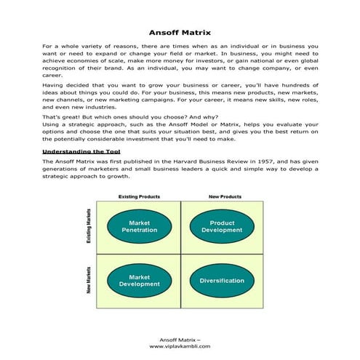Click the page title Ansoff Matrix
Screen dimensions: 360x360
tap(180, 33)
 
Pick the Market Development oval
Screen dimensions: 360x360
tap(139, 280)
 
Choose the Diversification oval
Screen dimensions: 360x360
tap(221, 280)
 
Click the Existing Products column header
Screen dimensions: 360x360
tap(139, 196)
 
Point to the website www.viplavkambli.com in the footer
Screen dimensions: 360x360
tap(180, 346)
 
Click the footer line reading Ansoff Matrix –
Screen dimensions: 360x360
tap(180, 339)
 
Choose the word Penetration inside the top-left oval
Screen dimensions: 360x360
tap(139, 230)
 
